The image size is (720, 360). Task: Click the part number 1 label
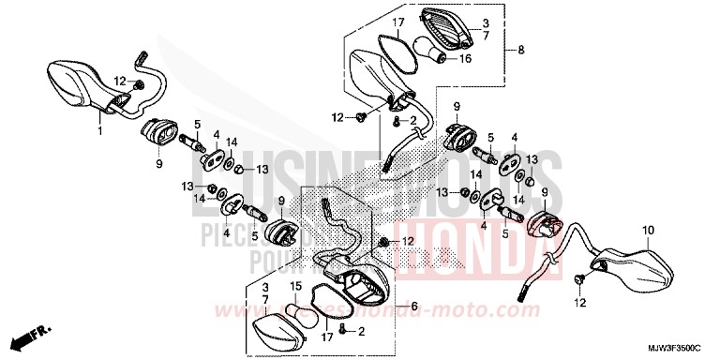pos(99,132)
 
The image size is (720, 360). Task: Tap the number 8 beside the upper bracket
pos(520,49)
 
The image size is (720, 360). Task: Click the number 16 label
pos(465,57)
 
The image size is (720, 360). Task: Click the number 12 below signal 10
pos(579,304)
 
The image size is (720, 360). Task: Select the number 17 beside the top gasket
pos(397,21)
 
